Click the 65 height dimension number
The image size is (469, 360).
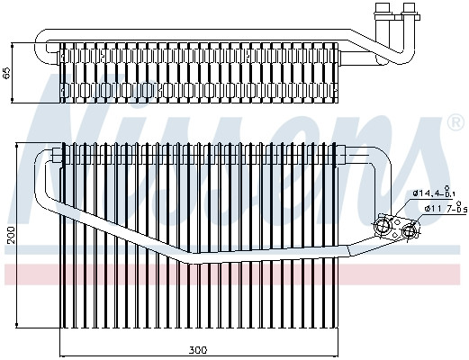[6, 72]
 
